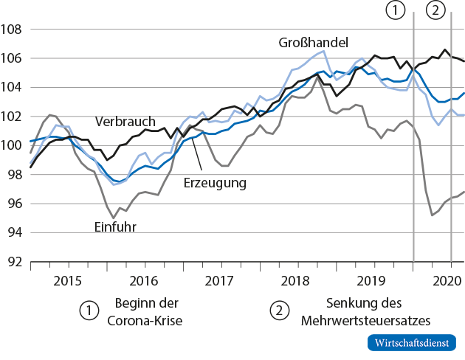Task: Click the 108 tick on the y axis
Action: [13, 30]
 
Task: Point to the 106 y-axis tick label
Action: [13, 58]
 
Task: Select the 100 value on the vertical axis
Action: [13, 145]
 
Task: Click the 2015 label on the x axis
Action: [68, 280]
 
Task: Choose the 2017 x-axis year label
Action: [219, 280]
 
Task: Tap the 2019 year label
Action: [371, 280]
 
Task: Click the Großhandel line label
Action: [313, 42]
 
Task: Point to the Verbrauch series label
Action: [124, 120]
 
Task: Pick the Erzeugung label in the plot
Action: [216, 181]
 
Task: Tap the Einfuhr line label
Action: [115, 226]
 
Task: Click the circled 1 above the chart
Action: [396, 10]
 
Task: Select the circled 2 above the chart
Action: [435, 10]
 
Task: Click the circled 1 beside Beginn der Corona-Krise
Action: [89, 311]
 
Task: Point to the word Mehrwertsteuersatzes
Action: [365, 320]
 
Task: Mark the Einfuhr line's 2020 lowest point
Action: [431, 215]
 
